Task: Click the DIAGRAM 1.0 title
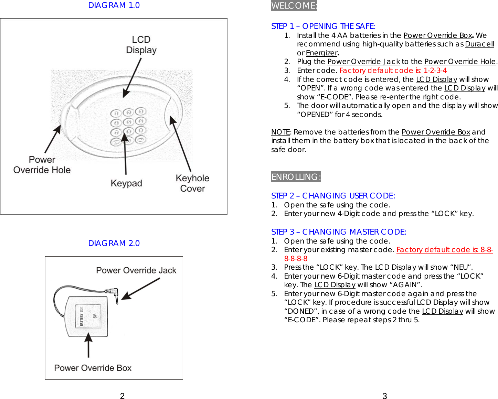click(114, 5)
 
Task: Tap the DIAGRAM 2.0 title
click(114, 243)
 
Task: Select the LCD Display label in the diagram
click(141, 45)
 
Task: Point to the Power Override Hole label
click(42, 165)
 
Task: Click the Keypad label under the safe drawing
click(126, 183)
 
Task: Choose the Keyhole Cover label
click(192, 183)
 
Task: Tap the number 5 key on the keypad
click(128, 122)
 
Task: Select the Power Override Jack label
click(136, 270)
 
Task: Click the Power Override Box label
click(93, 368)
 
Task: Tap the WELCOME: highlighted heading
click(294, 6)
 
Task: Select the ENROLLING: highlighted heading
click(296, 177)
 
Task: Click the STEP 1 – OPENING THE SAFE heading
click(323, 26)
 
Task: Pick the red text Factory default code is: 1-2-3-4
click(393, 71)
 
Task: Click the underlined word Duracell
click(479, 44)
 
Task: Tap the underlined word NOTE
click(280, 132)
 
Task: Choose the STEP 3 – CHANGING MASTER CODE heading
click(339, 232)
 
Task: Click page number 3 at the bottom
click(385, 396)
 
